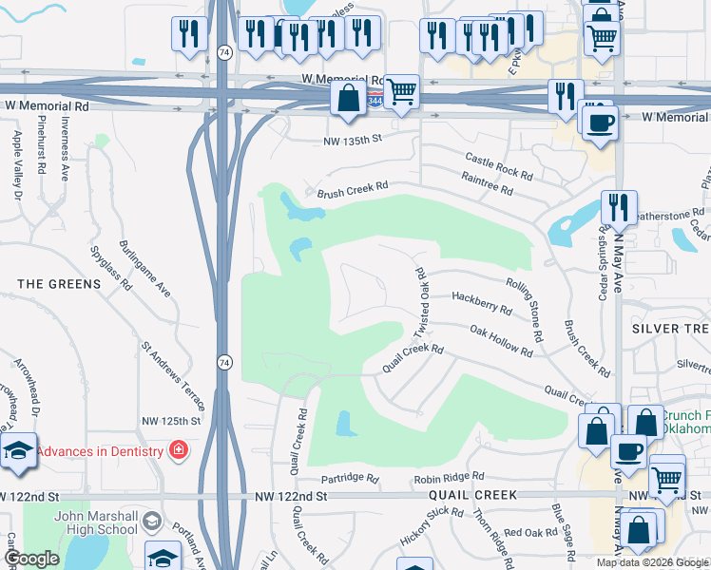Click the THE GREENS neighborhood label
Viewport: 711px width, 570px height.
point(59,283)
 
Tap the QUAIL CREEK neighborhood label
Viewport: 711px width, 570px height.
point(472,495)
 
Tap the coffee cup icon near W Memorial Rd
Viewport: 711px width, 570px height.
point(599,123)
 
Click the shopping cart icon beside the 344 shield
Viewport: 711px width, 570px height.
point(402,92)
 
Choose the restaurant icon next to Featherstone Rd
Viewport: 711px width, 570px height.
point(619,206)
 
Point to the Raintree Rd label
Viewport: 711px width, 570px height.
point(487,183)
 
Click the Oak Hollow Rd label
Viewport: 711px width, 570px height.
point(501,340)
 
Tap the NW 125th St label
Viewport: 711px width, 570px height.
point(171,420)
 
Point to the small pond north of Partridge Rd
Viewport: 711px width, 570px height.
point(345,424)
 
